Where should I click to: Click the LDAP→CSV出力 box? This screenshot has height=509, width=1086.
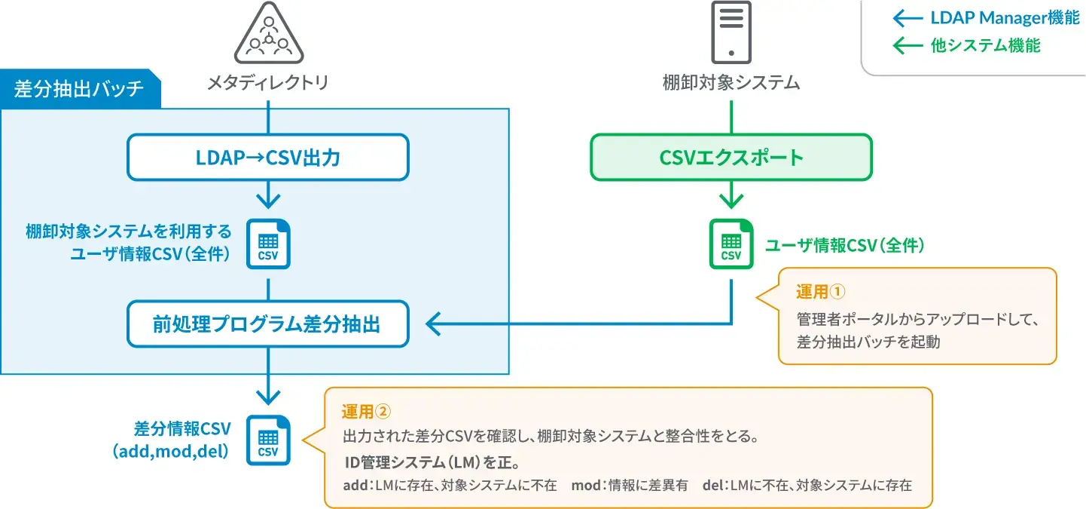tap(268, 158)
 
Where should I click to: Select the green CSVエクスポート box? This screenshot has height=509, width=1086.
tap(731, 158)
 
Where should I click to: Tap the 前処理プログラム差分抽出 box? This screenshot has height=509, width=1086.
tap(268, 324)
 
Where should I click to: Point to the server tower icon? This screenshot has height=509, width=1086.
tap(731, 32)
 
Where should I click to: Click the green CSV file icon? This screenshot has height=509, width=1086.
tap(731, 244)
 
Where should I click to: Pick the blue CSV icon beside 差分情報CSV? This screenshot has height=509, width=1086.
tap(268, 440)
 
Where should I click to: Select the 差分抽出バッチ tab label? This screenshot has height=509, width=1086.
tap(79, 89)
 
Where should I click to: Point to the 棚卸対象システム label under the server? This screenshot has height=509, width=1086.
tap(731, 82)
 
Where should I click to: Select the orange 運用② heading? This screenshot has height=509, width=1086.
tap(368, 411)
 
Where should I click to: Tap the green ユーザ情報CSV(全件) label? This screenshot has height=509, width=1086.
tap(844, 245)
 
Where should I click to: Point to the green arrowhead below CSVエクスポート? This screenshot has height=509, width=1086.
tap(731, 201)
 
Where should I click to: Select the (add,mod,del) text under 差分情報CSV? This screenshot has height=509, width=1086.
tap(170, 452)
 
